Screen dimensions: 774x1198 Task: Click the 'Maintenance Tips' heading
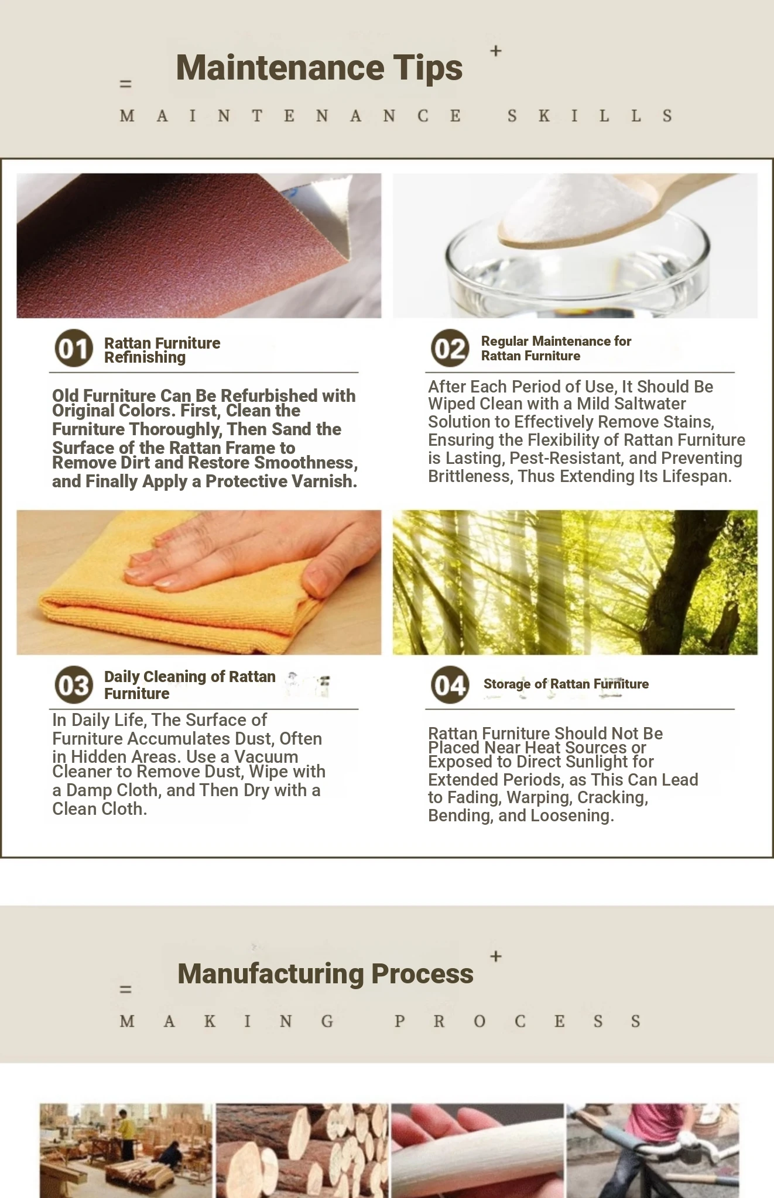pyautogui.click(x=319, y=68)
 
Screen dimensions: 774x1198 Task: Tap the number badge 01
pyautogui.click(x=74, y=349)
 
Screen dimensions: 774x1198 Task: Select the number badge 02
pyautogui.click(x=450, y=348)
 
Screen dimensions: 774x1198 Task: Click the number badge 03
pyautogui.click(x=74, y=685)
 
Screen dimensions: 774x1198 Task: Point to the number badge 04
pyautogui.click(x=450, y=685)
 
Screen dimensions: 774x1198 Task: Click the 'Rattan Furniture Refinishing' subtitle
pyautogui.click(x=162, y=350)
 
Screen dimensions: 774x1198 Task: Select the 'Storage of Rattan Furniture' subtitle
pyautogui.click(x=566, y=684)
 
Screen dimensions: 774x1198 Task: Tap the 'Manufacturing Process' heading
pyautogui.click(x=326, y=973)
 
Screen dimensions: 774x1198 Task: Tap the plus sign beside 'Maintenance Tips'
pyautogui.click(x=496, y=51)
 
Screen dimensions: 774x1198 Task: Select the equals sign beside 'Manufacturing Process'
pyautogui.click(x=125, y=989)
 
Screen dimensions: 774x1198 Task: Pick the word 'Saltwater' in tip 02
pyautogui.click(x=650, y=404)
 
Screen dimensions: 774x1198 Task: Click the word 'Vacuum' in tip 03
pyautogui.click(x=266, y=756)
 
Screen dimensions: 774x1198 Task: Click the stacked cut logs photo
pyautogui.click(x=302, y=1151)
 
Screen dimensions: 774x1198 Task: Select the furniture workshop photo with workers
pyautogui.click(x=126, y=1151)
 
